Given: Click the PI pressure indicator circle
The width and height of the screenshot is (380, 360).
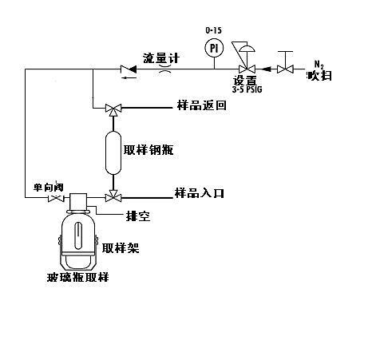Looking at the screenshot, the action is tap(214, 48).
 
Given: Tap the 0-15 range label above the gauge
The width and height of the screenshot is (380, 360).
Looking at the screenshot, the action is tap(213, 30).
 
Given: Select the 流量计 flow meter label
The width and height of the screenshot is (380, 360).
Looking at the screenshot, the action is tap(161, 58).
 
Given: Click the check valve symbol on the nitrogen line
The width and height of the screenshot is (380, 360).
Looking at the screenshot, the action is tap(129, 69).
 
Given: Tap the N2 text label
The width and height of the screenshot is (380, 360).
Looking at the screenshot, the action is tap(319, 65).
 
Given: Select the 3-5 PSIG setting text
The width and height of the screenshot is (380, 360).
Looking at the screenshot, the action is tap(247, 89).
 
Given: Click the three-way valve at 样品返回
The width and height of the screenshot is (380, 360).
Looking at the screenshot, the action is tap(113, 109).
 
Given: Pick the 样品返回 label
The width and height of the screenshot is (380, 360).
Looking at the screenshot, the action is tap(202, 105).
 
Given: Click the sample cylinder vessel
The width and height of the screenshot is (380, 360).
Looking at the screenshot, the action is tap(113, 152).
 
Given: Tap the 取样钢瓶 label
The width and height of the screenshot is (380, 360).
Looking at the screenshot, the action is tap(148, 150).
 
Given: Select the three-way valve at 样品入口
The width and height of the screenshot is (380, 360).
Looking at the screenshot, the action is tap(113, 196).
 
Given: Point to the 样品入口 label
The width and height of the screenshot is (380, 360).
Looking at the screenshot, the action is tap(200, 193).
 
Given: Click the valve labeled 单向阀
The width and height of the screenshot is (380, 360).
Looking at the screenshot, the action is tap(56, 198).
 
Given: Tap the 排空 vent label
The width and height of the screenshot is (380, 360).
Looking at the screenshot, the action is tap(138, 216).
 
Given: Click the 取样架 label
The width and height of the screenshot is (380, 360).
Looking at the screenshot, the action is tap(121, 248).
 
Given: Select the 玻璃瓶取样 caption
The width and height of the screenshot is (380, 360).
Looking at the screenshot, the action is tap(78, 277).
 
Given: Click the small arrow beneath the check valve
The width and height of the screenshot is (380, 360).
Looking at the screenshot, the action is tap(129, 77).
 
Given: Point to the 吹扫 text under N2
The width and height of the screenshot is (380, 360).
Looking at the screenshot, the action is tap(319, 76).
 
